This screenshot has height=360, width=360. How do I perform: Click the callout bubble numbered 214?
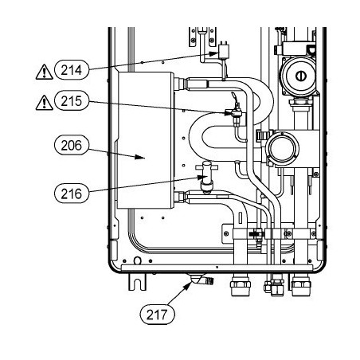tap(72, 70)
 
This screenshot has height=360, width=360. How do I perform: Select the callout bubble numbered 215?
tap(72, 101)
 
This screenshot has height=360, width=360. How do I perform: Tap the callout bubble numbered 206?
tap(72, 145)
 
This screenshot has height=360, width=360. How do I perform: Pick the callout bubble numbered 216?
tap(72, 194)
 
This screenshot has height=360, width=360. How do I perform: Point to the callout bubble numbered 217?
tap(158, 315)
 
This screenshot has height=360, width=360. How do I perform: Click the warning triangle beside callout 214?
tap(45, 72)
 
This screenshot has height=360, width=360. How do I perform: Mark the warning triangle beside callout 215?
tap(45, 103)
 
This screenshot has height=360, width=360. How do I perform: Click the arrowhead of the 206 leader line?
tap(139, 157)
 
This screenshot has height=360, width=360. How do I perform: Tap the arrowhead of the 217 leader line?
tap(188, 286)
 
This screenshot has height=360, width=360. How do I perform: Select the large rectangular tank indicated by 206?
tap(146, 140)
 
